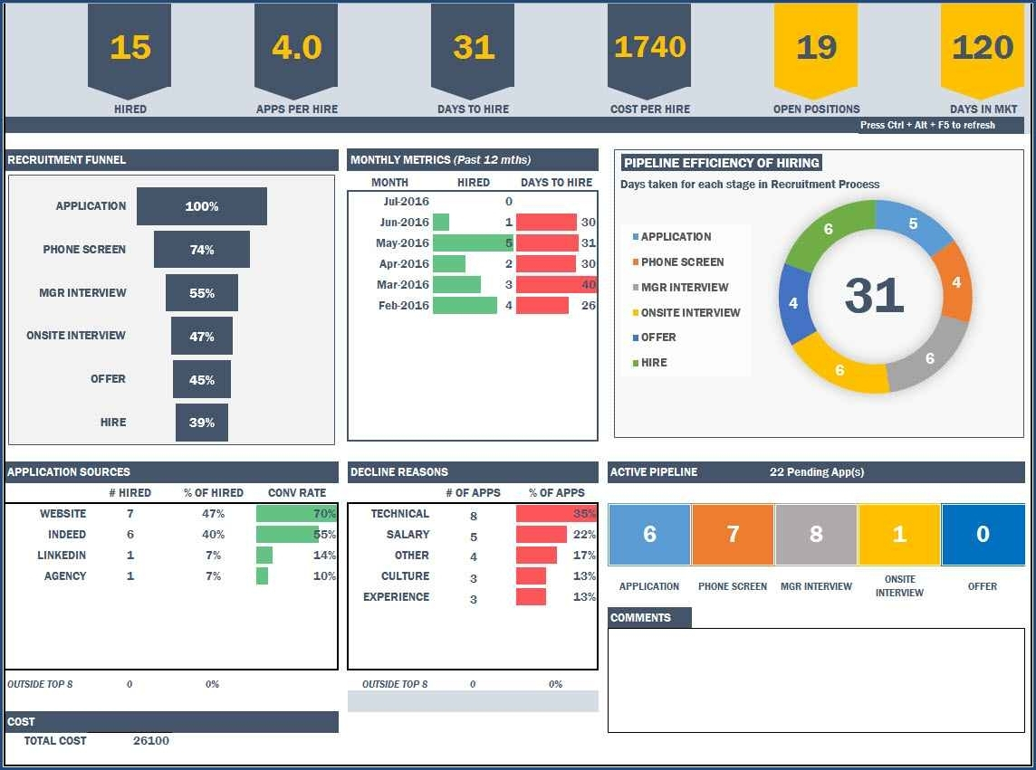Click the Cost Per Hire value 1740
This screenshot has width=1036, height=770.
[648, 47]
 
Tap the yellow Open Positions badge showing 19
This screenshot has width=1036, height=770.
[816, 47]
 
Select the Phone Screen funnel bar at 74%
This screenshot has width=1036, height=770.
[202, 250]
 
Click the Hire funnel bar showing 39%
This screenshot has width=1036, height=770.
[202, 423]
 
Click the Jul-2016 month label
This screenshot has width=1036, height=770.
[406, 202]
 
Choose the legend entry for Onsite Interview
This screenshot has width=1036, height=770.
[690, 313]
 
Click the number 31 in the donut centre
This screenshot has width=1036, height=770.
[874, 295]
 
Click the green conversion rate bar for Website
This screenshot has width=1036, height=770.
[295, 514]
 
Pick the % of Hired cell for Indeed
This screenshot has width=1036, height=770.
[213, 535]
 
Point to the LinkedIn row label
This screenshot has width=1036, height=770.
[62, 556]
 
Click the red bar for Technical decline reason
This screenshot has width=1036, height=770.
[555, 514]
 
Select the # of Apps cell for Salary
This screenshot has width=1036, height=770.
[474, 537]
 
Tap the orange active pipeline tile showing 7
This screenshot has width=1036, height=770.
[733, 534]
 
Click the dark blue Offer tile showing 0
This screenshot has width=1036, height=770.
[983, 534]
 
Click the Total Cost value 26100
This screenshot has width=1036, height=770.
[150, 741]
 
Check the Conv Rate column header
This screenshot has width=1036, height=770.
[297, 493]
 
